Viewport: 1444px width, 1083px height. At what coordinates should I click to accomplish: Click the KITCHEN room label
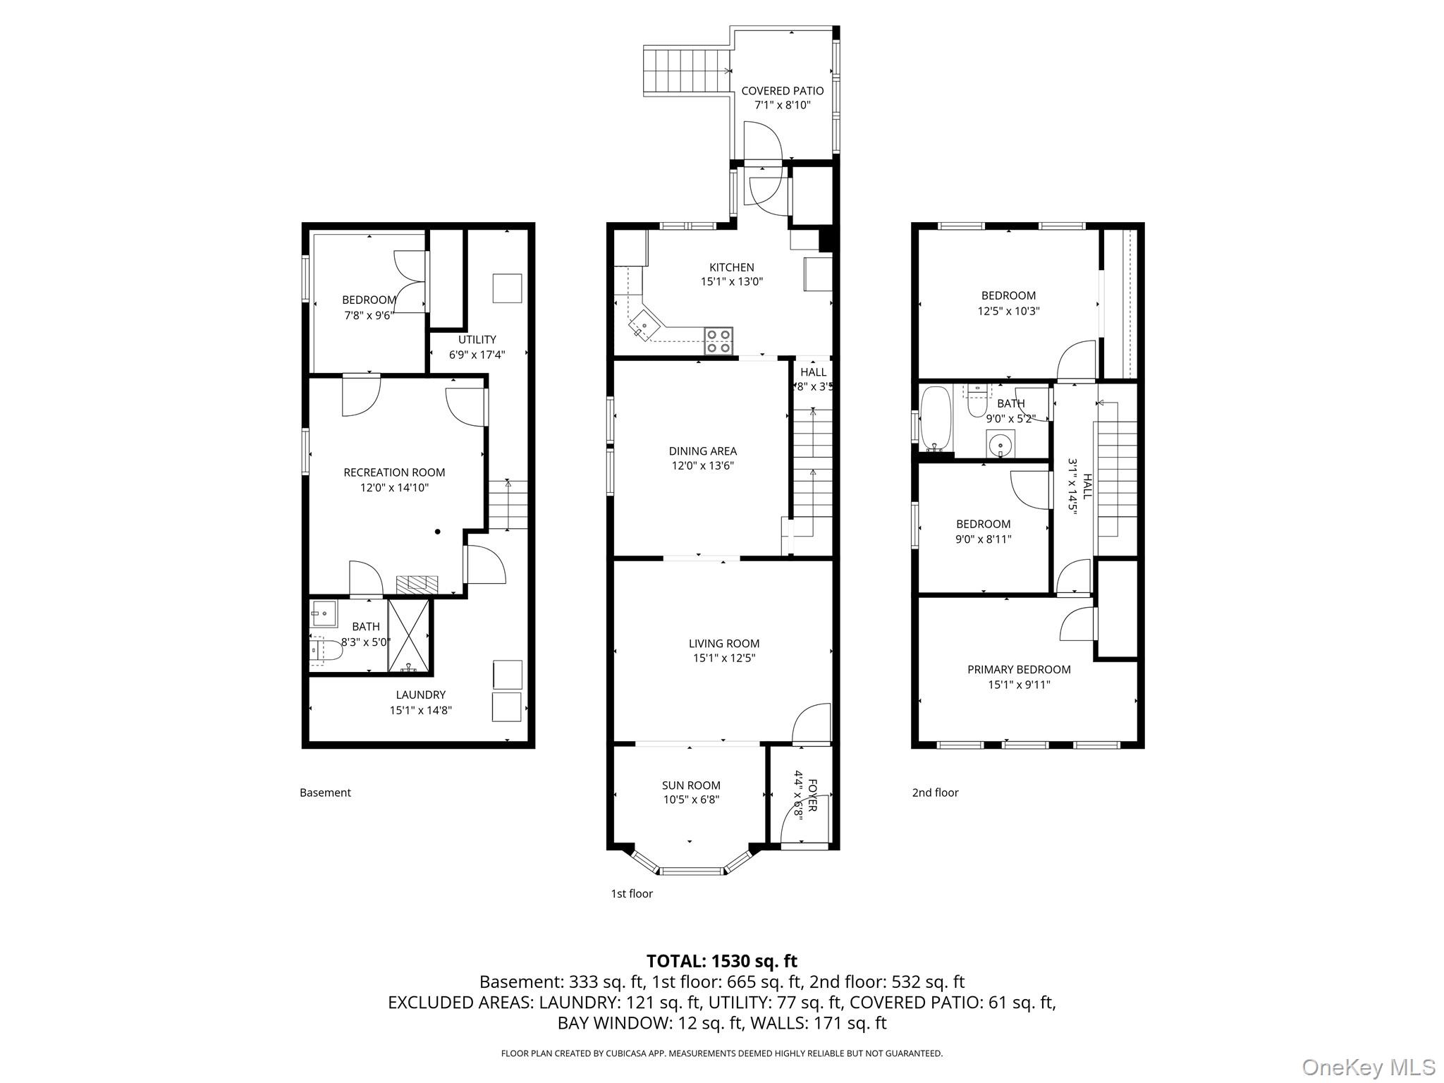(x=731, y=267)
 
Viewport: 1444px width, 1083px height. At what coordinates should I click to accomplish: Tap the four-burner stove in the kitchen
(x=718, y=341)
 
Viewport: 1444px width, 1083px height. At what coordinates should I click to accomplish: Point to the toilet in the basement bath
(x=326, y=651)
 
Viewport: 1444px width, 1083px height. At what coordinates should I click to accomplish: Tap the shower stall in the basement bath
(x=409, y=635)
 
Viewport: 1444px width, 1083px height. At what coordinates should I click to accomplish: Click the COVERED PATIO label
(x=782, y=91)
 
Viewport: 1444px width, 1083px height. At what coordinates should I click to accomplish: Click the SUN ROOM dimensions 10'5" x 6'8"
(x=691, y=800)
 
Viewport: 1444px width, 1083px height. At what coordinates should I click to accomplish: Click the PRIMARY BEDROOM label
(x=1019, y=669)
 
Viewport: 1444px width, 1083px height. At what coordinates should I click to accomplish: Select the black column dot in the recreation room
(x=438, y=532)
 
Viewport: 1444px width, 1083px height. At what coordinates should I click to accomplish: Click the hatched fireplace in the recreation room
(x=417, y=584)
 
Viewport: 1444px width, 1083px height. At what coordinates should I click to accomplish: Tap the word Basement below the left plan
(x=325, y=793)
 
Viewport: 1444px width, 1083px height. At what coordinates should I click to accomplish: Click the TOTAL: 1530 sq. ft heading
(x=721, y=961)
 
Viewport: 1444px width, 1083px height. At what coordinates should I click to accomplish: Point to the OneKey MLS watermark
(x=1368, y=1066)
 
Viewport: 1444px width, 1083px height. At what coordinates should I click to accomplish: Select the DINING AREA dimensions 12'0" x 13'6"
(x=702, y=465)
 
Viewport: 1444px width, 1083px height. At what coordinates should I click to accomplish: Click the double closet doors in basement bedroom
(x=411, y=282)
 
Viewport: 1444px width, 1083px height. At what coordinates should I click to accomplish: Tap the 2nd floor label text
(x=935, y=793)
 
